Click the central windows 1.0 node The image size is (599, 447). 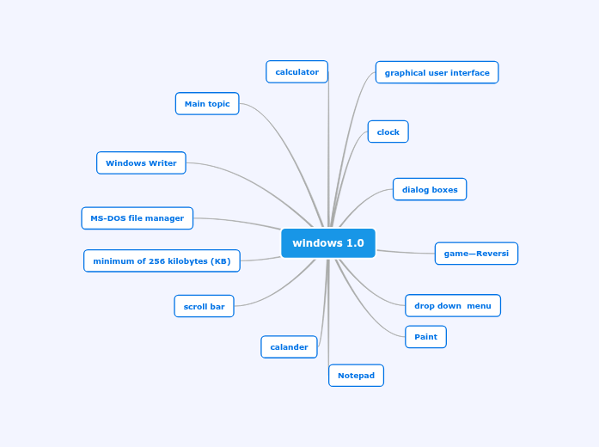(328, 243)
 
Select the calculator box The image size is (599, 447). (296, 72)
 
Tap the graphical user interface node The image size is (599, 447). (437, 73)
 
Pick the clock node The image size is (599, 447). (388, 132)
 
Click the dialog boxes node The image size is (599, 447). (430, 190)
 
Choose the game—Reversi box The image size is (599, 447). (476, 254)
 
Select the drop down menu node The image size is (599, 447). (453, 306)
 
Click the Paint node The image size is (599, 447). (425, 337)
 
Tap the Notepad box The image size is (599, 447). (356, 376)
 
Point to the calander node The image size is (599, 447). (289, 347)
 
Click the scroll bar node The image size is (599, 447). (204, 306)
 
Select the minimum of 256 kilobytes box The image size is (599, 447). (162, 261)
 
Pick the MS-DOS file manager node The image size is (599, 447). (137, 218)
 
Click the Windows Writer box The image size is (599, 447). (141, 163)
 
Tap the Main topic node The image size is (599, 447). (207, 104)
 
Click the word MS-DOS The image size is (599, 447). (107, 218)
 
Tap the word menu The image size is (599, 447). (480, 306)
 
